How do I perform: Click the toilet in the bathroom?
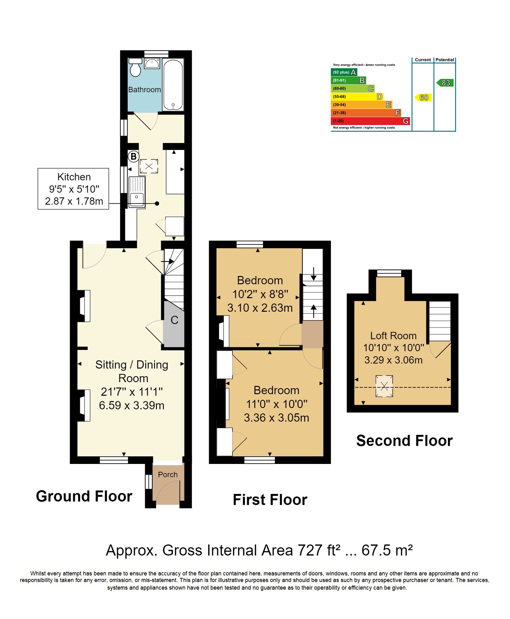(x=135, y=67)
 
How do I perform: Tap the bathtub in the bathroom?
(x=173, y=84)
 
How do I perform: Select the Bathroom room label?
(x=144, y=90)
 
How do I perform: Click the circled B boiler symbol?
(x=133, y=156)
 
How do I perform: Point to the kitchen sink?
(x=137, y=192)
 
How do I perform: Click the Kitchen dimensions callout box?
(x=73, y=189)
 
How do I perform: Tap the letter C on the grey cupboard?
(x=174, y=320)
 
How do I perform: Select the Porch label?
(x=168, y=475)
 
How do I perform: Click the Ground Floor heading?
(x=84, y=496)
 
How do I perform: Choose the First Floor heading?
(x=270, y=500)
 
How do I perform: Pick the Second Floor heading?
(x=404, y=441)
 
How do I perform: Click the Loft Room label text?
(x=393, y=336)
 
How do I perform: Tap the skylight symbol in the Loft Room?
(x=384, y=386)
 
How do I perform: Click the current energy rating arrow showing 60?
(x=423, y=98)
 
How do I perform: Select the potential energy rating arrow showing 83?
(x=445, y=83)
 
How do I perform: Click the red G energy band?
(x=370, y=121)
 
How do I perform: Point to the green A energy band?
(x=344, y=72)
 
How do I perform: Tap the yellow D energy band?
(x=357, y=97)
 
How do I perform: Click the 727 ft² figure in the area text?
(x=319, y=550)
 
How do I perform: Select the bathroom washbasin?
(x=152, y=63)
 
